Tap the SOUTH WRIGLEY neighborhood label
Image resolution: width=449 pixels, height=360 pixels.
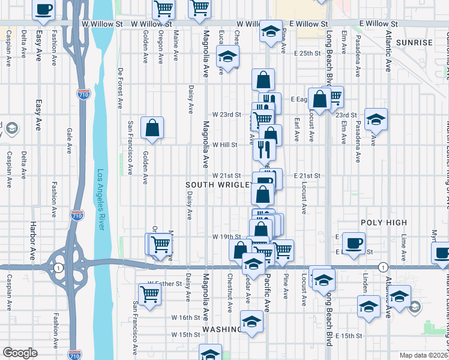point(218,185)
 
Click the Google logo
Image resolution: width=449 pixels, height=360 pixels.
point(20,353)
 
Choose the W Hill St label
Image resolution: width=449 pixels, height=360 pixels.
point(225,145)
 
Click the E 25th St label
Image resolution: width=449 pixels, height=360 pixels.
point(309,53)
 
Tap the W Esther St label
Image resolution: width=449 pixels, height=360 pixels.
point(165,283)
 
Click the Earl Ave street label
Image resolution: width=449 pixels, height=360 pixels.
point(297,129)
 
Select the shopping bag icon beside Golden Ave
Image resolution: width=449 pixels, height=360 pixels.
point(152,127)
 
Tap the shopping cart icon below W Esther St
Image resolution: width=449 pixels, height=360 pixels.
point(149,294)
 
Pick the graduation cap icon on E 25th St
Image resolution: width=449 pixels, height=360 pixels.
point(228,58)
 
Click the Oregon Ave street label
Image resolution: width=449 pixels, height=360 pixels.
point(160,47)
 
